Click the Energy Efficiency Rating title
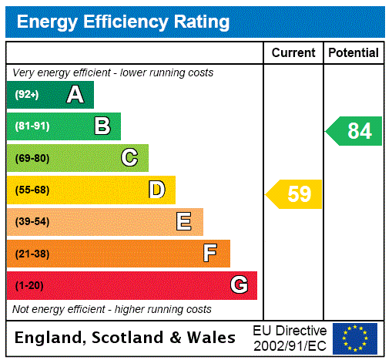[x=122, y=22]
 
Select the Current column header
[x=293, y=52]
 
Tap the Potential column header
[x=353, y=52]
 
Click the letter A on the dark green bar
[x=75, y=95]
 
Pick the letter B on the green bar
[x=102, y=126]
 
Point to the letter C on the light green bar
[x=129, y=158]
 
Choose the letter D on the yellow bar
[x=157, y=190]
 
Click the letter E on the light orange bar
[x=184, y=222]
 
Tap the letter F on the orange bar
[x=210, y=253]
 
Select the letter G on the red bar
[x=239, y=285]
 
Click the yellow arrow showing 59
[x=295, y=194]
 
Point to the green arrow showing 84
[x=355, y=131]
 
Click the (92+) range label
[x=27, y=95]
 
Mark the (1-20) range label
[x=29, y=285]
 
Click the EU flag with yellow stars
[x=355, y=338]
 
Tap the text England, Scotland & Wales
[x=126, y=338]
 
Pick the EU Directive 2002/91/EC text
[x=290, y=338]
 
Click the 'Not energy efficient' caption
[x=112, y=309]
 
